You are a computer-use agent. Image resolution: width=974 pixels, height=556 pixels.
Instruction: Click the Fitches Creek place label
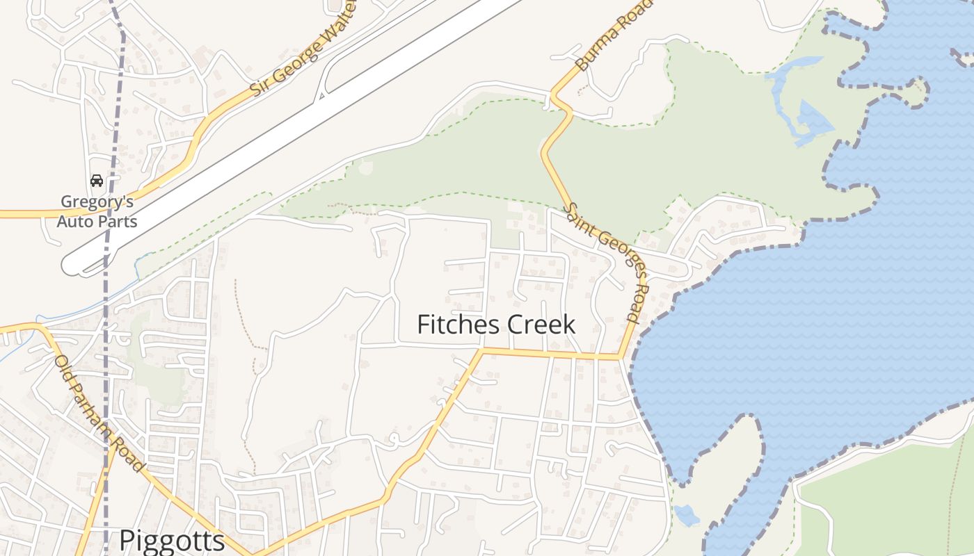point(496,325)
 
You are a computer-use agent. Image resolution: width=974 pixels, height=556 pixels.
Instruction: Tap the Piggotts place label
point(172,541)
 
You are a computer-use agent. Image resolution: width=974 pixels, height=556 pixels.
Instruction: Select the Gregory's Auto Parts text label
point(97,211)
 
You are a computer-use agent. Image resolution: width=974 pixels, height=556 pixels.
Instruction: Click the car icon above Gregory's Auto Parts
point(97,181)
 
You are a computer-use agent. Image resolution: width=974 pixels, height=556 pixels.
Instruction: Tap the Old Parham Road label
point(99,414)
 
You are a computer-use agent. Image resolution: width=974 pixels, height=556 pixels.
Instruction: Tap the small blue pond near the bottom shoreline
point(687,515)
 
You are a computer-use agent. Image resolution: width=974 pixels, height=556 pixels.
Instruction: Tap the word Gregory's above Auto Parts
point(97,202)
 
